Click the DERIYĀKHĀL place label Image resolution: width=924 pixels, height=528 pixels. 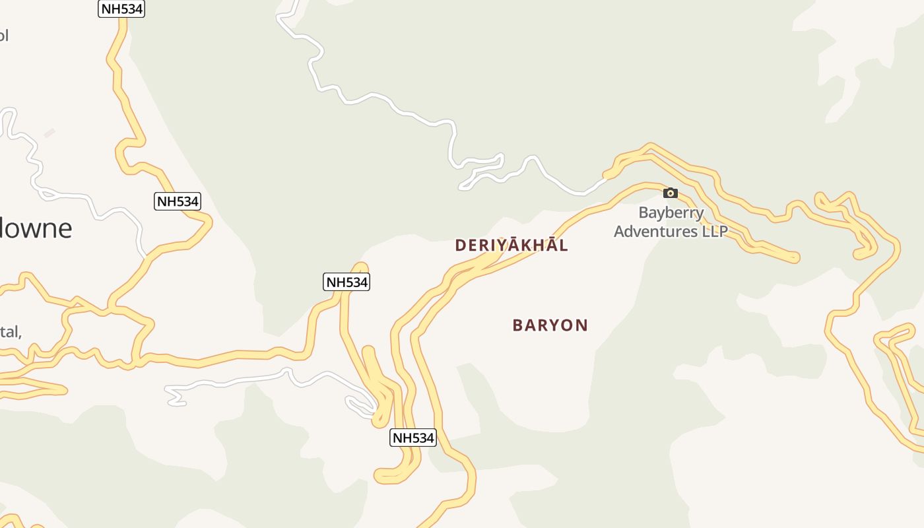[x=511, y=245]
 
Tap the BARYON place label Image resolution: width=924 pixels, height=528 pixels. [x=550, y=325]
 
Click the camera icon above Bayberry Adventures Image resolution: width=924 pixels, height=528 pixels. [x=671, y=193]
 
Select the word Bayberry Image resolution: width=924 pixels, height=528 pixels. [x=671, y=213]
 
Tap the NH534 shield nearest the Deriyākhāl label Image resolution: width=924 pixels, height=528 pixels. [x=346, y=282]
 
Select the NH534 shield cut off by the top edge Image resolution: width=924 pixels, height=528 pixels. [x=121, y=9]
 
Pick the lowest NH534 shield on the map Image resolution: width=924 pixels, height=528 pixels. [x=413, y=438]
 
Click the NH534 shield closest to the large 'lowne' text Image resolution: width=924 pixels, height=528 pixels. [x=178, y=201]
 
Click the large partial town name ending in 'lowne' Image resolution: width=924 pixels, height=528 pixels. [x=36, y=228]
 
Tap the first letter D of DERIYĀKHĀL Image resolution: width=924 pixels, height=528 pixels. [x=460, y=246]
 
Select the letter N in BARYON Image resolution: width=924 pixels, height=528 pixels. [x=581, y=325]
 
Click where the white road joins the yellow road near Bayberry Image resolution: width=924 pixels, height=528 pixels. [x=606, y=178]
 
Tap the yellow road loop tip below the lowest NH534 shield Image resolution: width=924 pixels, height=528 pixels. [x=379, y=475]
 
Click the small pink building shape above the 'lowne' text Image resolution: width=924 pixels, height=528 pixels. [x=49, y=133]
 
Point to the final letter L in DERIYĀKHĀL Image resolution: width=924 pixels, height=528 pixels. [x=563, y=246]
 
